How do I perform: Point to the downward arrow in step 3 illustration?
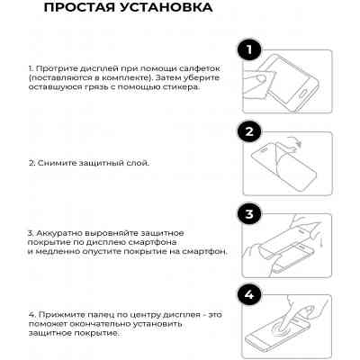(320, 244)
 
